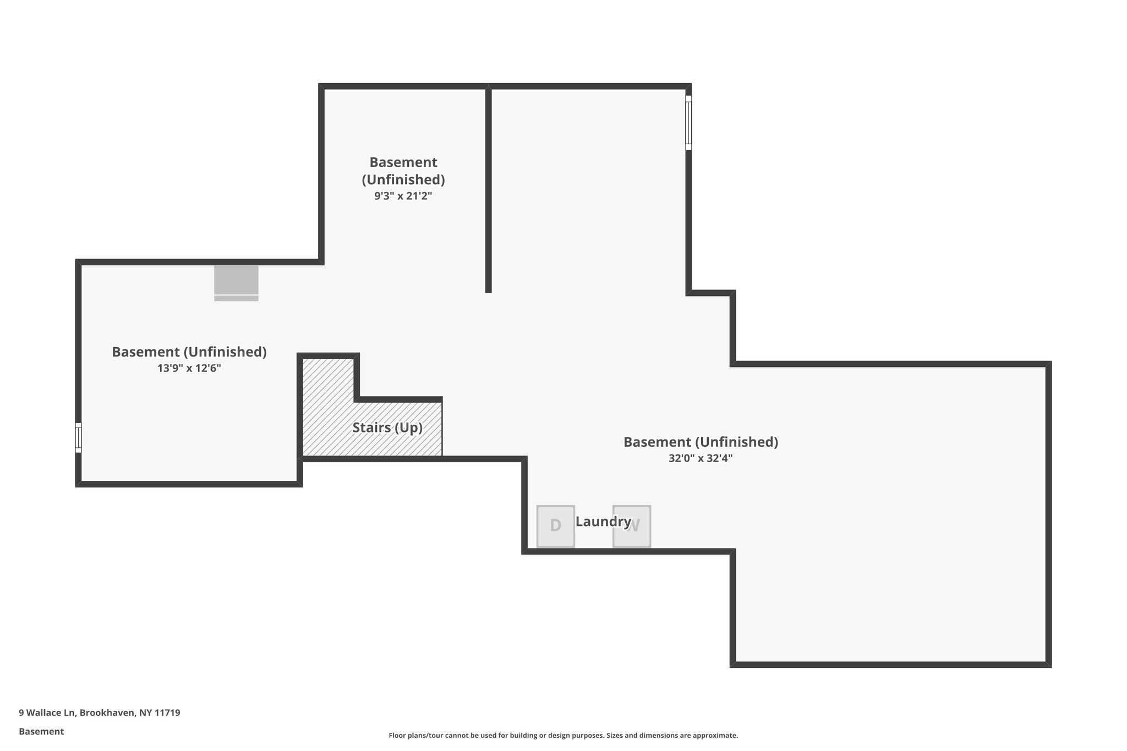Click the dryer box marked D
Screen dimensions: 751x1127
(x=555, y=526)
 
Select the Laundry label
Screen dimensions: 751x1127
(x=603, y=521)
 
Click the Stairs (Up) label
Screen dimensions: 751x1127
(x=387, y=427)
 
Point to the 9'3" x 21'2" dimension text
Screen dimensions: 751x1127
(x=403, y=196)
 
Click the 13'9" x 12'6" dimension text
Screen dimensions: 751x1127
(x=189, y=368)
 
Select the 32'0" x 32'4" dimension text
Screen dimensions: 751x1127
(x=700, y=458)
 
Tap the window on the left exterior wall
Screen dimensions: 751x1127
(x=78, y=438)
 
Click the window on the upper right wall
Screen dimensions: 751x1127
(x=688, y=123)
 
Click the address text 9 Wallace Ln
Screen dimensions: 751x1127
(x=47, y=712)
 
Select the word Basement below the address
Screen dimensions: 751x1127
(x=41, y=731)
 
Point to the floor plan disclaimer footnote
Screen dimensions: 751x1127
(x=563, y=735)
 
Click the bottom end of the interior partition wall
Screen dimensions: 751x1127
(x=488, y=289)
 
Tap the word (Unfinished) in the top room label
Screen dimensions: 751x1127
(x=403, y=179)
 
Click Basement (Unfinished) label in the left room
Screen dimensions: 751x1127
(x=189, y=352)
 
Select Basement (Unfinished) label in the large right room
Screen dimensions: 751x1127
(x=700, y=442)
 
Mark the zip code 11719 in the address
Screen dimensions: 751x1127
(x=167, y=712)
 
